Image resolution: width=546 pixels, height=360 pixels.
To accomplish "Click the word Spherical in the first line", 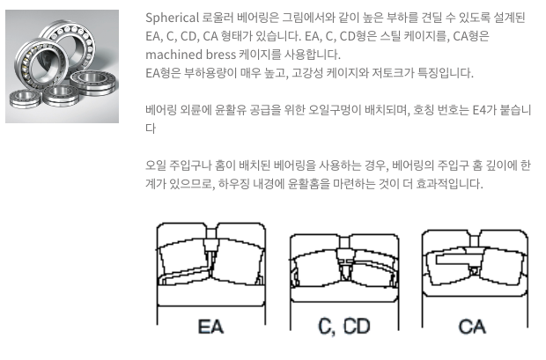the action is point(172,18).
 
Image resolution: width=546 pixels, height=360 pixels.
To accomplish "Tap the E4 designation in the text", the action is point(479,110).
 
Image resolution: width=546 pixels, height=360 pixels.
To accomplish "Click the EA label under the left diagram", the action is point(210,327).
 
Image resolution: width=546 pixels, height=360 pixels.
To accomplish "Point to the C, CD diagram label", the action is point(344,327).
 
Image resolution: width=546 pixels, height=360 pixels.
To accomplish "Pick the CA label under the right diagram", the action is point(472,327).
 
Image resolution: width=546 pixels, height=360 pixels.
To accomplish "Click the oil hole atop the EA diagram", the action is point(211,233).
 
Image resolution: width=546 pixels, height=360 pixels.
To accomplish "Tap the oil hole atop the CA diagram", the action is point(475,241).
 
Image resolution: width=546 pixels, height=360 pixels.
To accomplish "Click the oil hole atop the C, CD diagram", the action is point(344,242).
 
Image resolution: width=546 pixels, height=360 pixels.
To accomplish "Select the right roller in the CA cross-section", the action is point(502,266).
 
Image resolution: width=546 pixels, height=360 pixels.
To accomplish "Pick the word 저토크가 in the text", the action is point(393,73).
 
